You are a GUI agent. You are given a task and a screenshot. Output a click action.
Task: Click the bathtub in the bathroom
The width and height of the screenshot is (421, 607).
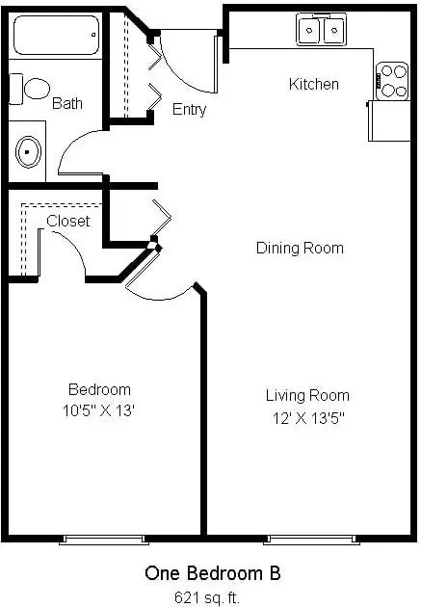pyautogui.click(x=57, y=36)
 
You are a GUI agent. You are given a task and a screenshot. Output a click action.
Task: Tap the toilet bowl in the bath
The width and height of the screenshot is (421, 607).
pyautogui.click(x=37, y=89)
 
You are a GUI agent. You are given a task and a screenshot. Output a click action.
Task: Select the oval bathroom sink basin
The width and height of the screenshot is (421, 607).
pyautogui.click(x=28, y=152)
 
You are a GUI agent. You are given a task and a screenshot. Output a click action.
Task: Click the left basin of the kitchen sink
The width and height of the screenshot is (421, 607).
pyautogui.click(x=309, y=30)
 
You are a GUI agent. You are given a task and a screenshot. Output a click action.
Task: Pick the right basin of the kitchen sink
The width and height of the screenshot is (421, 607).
pyautogui.click(x=334, y=30)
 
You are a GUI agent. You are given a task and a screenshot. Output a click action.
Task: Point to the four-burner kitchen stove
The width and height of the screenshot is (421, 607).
pyautogui.click(x=392, y=81)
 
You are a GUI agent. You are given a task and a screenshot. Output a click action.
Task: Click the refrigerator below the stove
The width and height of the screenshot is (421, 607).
pyautogui.click(x=389, y=120)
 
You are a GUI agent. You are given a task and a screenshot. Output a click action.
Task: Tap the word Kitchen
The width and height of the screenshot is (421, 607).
pyautogui.click(x=314, y=84)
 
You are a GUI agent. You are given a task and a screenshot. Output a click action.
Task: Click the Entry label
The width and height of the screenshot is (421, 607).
pyautogui.click(x=189, y=110)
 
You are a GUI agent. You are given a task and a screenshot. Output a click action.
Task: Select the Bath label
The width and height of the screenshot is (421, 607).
pyautogui.click(x=67, y=103)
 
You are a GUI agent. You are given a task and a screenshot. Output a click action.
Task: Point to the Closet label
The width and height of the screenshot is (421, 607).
pyautogui.click(x=68, y=221)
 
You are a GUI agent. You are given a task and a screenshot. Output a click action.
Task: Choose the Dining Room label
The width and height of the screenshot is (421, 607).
pyautogui.click(x=300, y=248)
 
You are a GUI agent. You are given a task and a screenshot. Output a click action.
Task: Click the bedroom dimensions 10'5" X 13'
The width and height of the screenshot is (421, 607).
pyautogui.click(x=98, y=410)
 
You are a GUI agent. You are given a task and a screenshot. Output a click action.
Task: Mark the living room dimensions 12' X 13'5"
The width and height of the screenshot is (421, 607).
pyautogui.click(x=308, y=418)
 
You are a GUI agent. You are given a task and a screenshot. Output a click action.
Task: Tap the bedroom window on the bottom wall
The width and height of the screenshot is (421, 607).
pyautogui.click(x=104, y=540)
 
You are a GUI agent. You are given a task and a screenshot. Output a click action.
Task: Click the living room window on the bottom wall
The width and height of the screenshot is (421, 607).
pyautogui.click(x=311, y=540)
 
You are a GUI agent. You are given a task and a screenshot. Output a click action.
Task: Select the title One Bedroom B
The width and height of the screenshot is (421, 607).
pyautogui.click(x=213, y=573)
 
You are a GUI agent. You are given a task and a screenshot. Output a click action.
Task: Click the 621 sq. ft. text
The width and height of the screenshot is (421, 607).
pyautogui.click(x=207, y=597)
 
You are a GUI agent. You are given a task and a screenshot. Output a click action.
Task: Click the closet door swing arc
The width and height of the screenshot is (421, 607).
pyautogui.click(x=75, y=248)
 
